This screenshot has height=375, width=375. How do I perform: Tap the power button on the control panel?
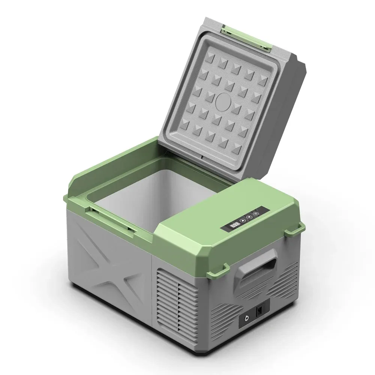(256, 214)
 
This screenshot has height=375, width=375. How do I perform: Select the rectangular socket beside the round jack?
(259, 311)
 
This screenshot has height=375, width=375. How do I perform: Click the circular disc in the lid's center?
(224, 102)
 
